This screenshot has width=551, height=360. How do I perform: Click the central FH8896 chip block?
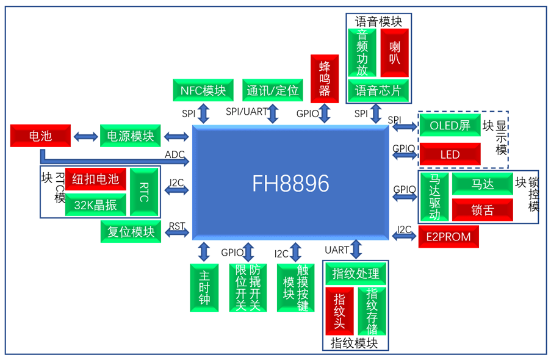[290, 184]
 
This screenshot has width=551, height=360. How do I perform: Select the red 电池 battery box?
[41, 135]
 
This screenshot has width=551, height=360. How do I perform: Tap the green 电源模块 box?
[131, 135]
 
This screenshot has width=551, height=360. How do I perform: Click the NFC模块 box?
[203, 90]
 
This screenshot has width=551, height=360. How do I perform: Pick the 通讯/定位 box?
[273, 90]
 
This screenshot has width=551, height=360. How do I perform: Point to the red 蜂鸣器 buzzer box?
[325, 79]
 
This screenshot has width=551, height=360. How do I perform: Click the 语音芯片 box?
[379, 90]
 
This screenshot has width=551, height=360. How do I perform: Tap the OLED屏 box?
[450, 126]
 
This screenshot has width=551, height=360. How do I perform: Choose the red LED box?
[450, 154]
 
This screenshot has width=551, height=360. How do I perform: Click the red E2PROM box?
[448, 237]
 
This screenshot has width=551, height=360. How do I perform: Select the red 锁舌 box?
[482, 211]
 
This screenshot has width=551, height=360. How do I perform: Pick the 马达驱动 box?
[434, 197]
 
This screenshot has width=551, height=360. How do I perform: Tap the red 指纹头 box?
[340, 311]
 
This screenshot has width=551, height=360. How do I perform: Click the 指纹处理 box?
[356, 273]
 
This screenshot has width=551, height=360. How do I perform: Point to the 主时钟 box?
[204, 287]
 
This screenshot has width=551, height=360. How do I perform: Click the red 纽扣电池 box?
[96, 179]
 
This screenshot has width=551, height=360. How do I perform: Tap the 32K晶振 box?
[96, 206]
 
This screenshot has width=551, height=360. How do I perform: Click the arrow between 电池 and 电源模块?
[85, 136]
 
